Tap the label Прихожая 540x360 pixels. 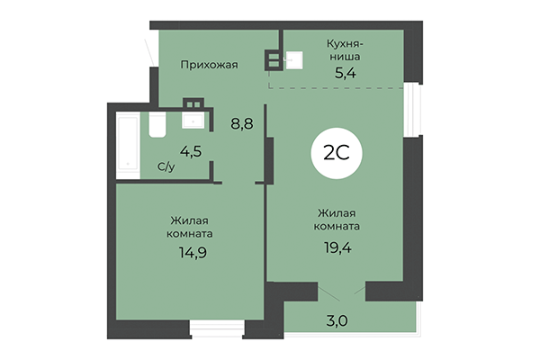pyautogui.click(x=208, y=64)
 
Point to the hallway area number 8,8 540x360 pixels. pyautogui.click(x=240, y=124)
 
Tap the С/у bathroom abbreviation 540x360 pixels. pyautogui.click(x=166, y=166)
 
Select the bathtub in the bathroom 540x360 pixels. pyautogui.click(x=127, y=145)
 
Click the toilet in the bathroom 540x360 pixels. pyautogui.click(x=156, y=125)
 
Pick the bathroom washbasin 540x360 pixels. pyautogui.click(x=193, y=117)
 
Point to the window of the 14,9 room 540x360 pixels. pyautogui.click(x=217, y=327)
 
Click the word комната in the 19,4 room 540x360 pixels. pyautogui.click(x=339, y=226)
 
